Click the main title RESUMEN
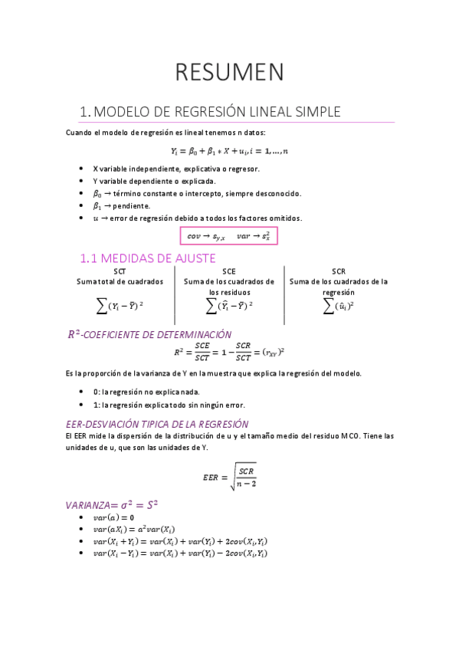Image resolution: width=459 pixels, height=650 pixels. click(x=230, y=72)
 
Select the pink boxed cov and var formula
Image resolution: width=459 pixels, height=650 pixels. click(x=228, y=236)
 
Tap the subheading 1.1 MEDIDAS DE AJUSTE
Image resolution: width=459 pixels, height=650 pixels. click(x=148, y=258)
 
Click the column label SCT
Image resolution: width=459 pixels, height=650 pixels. click(x=120, y=271)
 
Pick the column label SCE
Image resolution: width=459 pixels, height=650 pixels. click(x=229, y=271)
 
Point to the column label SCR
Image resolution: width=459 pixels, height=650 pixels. click(x=339, y=271)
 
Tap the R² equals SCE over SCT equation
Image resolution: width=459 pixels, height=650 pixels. click(x=229, y=353)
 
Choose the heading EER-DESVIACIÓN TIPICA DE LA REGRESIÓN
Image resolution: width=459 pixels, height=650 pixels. click(x=157, y=423)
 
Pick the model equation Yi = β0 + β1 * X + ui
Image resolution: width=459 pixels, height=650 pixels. click(x=229, y=151)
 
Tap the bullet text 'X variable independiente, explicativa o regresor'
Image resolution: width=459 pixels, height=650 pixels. click(x=176, y=169)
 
